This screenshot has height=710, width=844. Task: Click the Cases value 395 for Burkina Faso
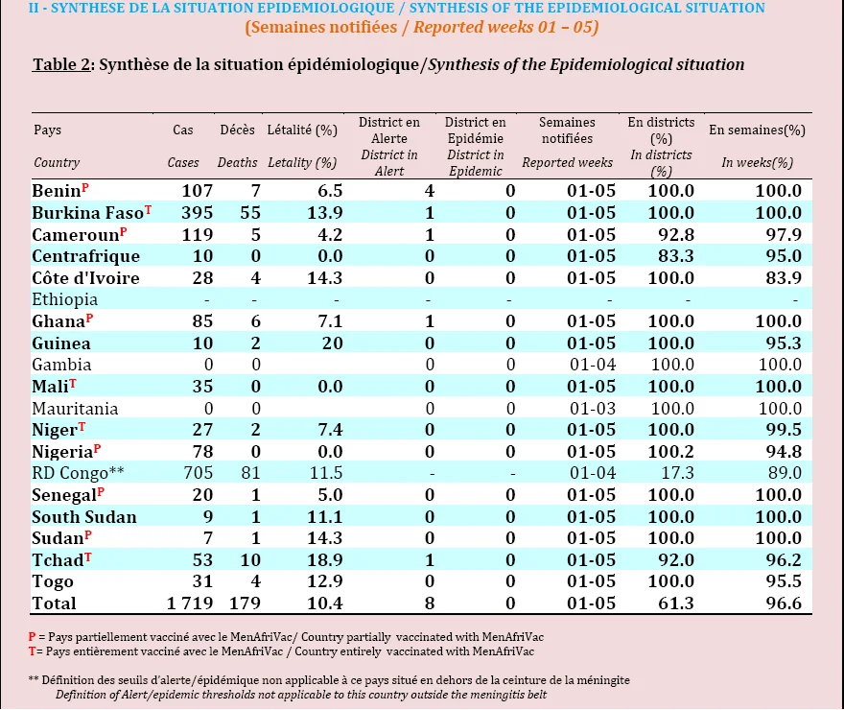tap(197, 213)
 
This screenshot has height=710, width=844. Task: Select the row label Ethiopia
tap(64, 299)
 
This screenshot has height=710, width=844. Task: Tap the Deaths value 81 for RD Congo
tap(251, 473)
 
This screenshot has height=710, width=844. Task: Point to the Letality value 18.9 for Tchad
tap(324, 559)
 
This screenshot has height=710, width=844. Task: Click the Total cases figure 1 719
tap(190, 603)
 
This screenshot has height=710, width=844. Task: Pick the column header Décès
tap(238, 130)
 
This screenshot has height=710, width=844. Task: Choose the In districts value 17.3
tap(676, 473)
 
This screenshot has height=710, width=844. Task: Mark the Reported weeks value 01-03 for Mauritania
tap(592, 409)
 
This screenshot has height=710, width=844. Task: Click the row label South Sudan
tap(84, 517)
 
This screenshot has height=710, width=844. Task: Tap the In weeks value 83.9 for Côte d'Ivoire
tap(784, 277)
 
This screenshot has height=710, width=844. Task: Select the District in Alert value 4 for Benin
tap(429, 191)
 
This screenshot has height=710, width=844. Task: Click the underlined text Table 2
tap(60, 64)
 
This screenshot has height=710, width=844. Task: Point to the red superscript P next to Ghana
tap(89, 319)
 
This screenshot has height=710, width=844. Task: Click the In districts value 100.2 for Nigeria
tap(670, 451)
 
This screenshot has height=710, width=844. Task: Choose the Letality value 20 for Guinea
tap(333, 343)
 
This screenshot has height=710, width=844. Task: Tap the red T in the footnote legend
tap(32, 651)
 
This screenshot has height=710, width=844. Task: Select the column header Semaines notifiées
tap(567, 130)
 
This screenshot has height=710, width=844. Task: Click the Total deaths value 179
tap(245, 603)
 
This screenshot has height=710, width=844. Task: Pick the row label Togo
tap(52, 581)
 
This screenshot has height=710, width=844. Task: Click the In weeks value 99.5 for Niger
tap(784, 430)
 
